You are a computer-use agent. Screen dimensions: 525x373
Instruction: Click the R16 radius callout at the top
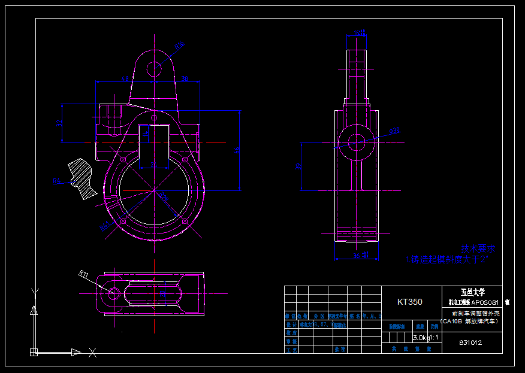(x=179, y=44)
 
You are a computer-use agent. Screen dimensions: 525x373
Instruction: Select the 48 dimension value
(x=125, y=78)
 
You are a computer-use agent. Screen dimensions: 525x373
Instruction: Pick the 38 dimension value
(x=185, y=78)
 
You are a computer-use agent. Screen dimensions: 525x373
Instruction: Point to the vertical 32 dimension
(x=59, y=123)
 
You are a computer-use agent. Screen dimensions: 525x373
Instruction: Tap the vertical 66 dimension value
(x=237, y=150)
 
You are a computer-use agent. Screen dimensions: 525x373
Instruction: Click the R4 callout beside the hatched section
(x=57, y=180)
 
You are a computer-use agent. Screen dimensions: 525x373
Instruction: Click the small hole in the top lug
(x=155, y=68)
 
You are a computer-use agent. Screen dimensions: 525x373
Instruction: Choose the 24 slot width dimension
(x=153, y=165)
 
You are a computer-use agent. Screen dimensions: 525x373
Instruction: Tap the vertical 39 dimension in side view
(x=298, y=166)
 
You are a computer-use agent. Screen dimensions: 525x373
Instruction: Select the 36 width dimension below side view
(x=357, y=256)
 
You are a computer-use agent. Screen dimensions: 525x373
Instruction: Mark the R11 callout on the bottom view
(x=83, y=274)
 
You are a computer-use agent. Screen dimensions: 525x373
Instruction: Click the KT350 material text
(x=409, y=302)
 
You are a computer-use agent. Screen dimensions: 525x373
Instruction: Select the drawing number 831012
(x=470, y=343)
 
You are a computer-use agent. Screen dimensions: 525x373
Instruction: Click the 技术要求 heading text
(x=478, y=248)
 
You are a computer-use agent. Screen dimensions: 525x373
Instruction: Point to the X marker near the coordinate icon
(x=92, y=353)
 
